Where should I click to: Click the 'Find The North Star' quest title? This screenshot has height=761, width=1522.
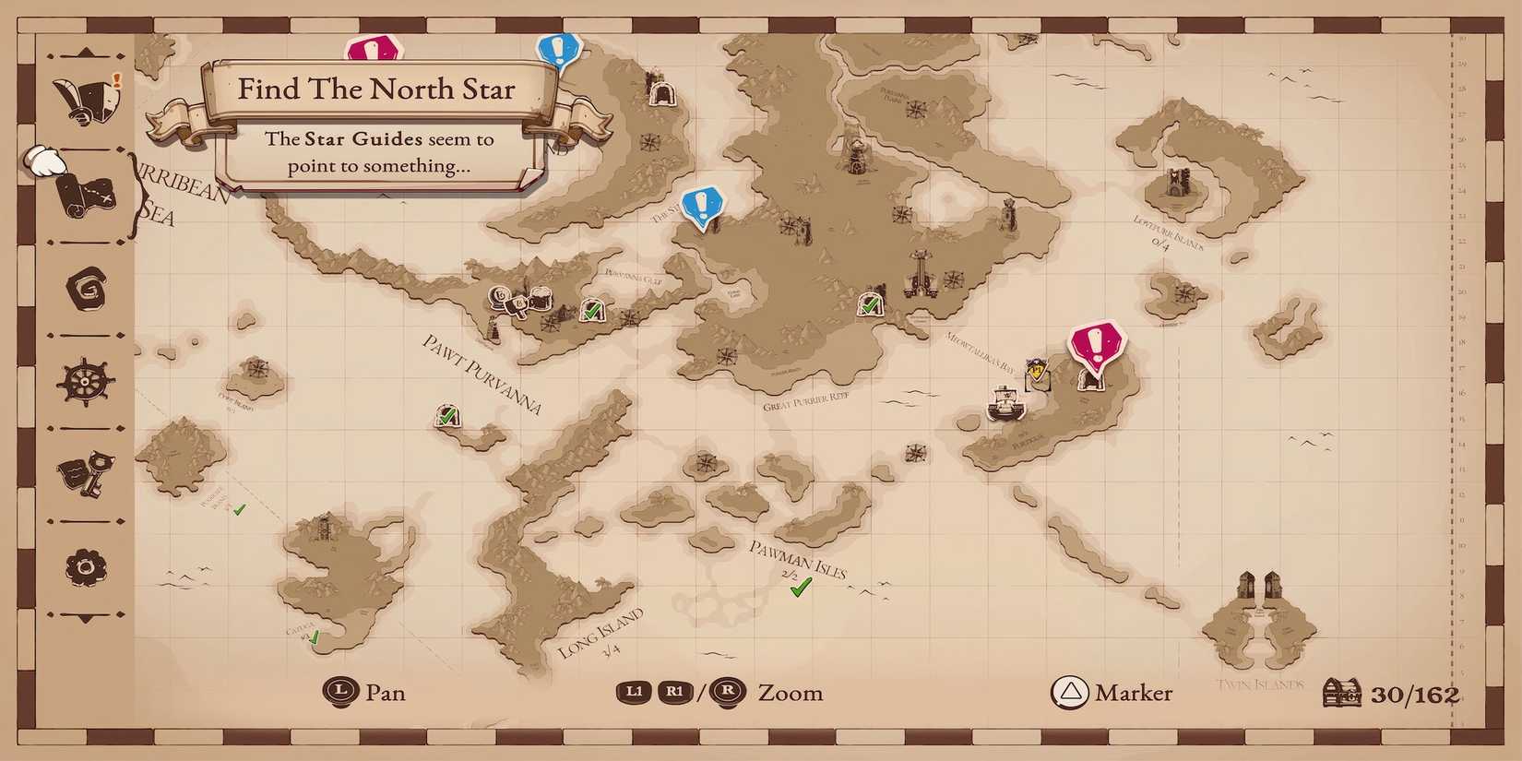tap(376, 89)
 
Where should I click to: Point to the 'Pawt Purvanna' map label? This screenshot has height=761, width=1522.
tap(482, 374)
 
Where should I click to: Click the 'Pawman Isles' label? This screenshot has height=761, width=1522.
tap(797, 559)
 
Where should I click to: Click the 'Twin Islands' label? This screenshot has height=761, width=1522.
tap(1260, 684)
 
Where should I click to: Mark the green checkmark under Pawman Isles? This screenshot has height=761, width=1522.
tap(801, 587)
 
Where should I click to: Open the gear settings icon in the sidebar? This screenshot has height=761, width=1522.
tap(87, 566)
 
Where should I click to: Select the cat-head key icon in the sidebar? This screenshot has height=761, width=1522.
tap(87, 473)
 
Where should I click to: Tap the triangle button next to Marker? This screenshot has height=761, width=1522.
tap(1070, 693)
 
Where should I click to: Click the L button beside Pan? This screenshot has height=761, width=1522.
tap(341, 691)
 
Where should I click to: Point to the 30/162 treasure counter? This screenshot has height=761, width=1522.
tap(1414, 695)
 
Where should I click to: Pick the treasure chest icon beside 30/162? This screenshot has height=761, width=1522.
tap(1341, 694)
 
